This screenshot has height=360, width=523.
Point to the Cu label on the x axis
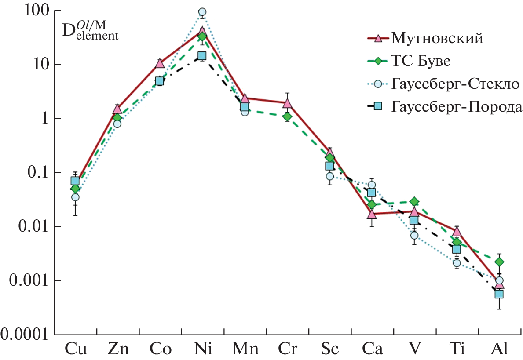click(75, 349)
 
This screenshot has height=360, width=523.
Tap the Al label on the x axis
click(499, 349)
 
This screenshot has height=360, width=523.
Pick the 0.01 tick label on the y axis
click(33, 227)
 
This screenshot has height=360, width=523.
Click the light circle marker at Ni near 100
click(202, 12)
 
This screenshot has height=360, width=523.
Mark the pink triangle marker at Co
click(160, 63)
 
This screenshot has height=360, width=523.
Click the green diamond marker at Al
click(499, 262)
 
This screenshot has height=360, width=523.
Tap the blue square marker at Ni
click(202, 56)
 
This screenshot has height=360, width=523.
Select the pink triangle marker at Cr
click(287, 104)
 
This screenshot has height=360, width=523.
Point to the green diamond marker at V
click(414, 202)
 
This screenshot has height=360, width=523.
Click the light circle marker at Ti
click(457, 263)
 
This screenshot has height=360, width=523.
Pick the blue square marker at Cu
click(75, 181)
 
